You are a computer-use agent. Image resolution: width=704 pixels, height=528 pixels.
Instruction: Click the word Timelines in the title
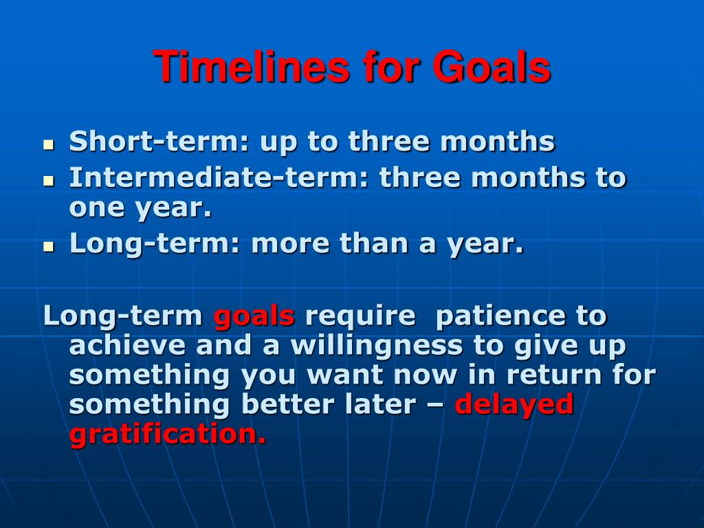point(251,67)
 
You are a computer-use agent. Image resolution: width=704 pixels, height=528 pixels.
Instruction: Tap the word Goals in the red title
point(491,67)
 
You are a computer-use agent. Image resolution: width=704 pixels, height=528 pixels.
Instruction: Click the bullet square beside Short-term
point(49,144)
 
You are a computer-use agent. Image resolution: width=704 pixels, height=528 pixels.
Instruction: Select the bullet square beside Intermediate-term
point(49,181)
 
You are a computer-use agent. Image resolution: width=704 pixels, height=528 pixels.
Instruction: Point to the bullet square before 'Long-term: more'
point(49,246)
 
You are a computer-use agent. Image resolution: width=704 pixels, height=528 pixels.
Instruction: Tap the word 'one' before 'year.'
point(96,208)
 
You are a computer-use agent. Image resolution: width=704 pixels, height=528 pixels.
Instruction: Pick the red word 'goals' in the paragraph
point(254,316)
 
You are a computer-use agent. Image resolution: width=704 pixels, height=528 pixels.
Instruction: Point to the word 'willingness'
point(376,346)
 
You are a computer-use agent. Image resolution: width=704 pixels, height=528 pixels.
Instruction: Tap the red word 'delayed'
point(514,405)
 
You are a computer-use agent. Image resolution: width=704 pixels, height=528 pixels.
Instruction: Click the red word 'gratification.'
point(168,434)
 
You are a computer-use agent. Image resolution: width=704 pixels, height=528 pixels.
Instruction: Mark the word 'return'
point(554,375)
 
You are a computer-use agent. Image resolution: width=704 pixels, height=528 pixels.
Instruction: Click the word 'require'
point(360,316)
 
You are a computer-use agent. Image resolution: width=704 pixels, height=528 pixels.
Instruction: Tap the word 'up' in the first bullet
point(278,143)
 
